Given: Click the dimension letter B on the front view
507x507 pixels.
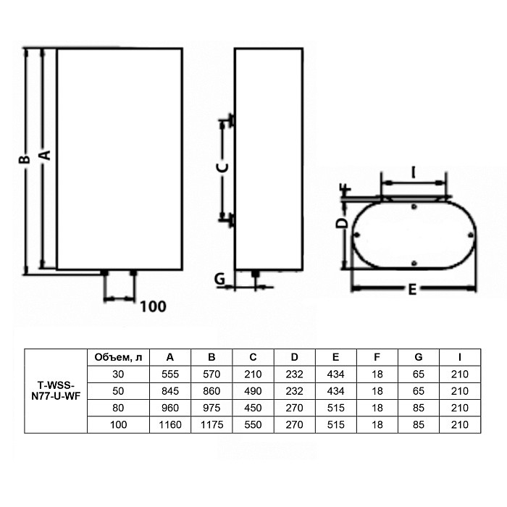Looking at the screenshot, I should [x=24, y=159].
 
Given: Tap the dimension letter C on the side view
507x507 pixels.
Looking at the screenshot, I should [x=223, y=167].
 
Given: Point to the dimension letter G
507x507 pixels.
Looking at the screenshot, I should [x=221, y=277].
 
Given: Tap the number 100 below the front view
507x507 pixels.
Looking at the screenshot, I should [x=152, y=306].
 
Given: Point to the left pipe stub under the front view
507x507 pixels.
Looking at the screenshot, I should [x=105, y=274].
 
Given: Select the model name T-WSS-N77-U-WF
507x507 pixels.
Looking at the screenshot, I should [x=56, y=391].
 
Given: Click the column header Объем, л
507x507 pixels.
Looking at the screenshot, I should [x=118, y=357].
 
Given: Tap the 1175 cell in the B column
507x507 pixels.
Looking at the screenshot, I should [x=211, y=425].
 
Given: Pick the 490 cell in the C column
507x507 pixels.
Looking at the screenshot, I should [x=253, y=391].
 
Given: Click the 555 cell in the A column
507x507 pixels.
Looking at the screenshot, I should [x=169, y=374].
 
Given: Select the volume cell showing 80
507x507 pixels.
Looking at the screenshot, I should [x=118, y=408].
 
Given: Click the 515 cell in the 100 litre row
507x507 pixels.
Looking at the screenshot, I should [x=335, y=425].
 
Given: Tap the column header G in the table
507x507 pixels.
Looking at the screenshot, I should [x=419, y=357].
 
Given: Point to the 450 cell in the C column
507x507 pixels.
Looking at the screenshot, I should [x=253, y=408].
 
